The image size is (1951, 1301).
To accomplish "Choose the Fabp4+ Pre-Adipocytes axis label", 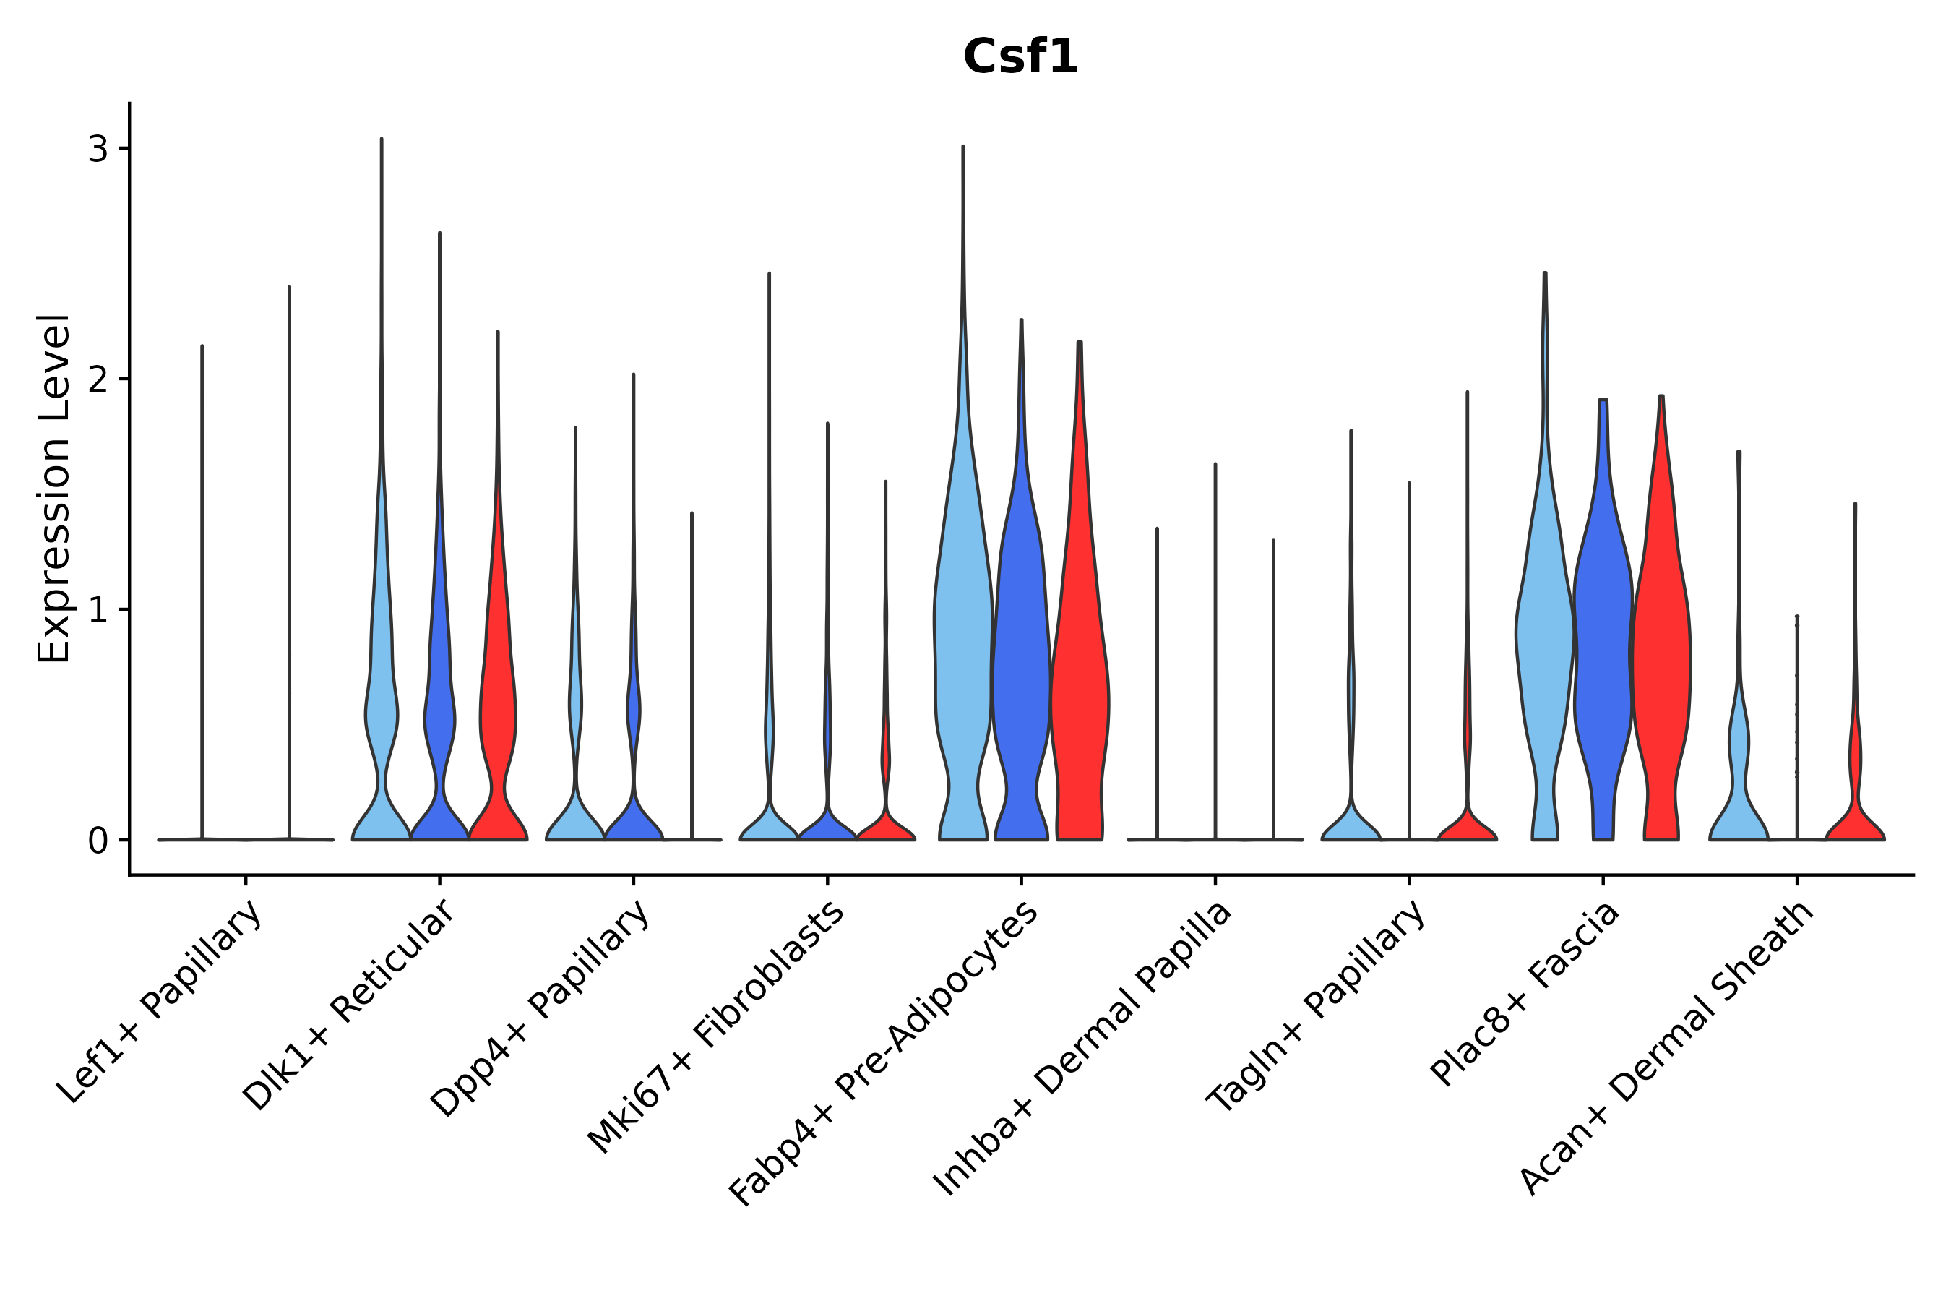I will pyautogui.click(x=884, y=1053).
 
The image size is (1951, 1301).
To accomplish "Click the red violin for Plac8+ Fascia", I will pyautogui.click(x=1661, y=664).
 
